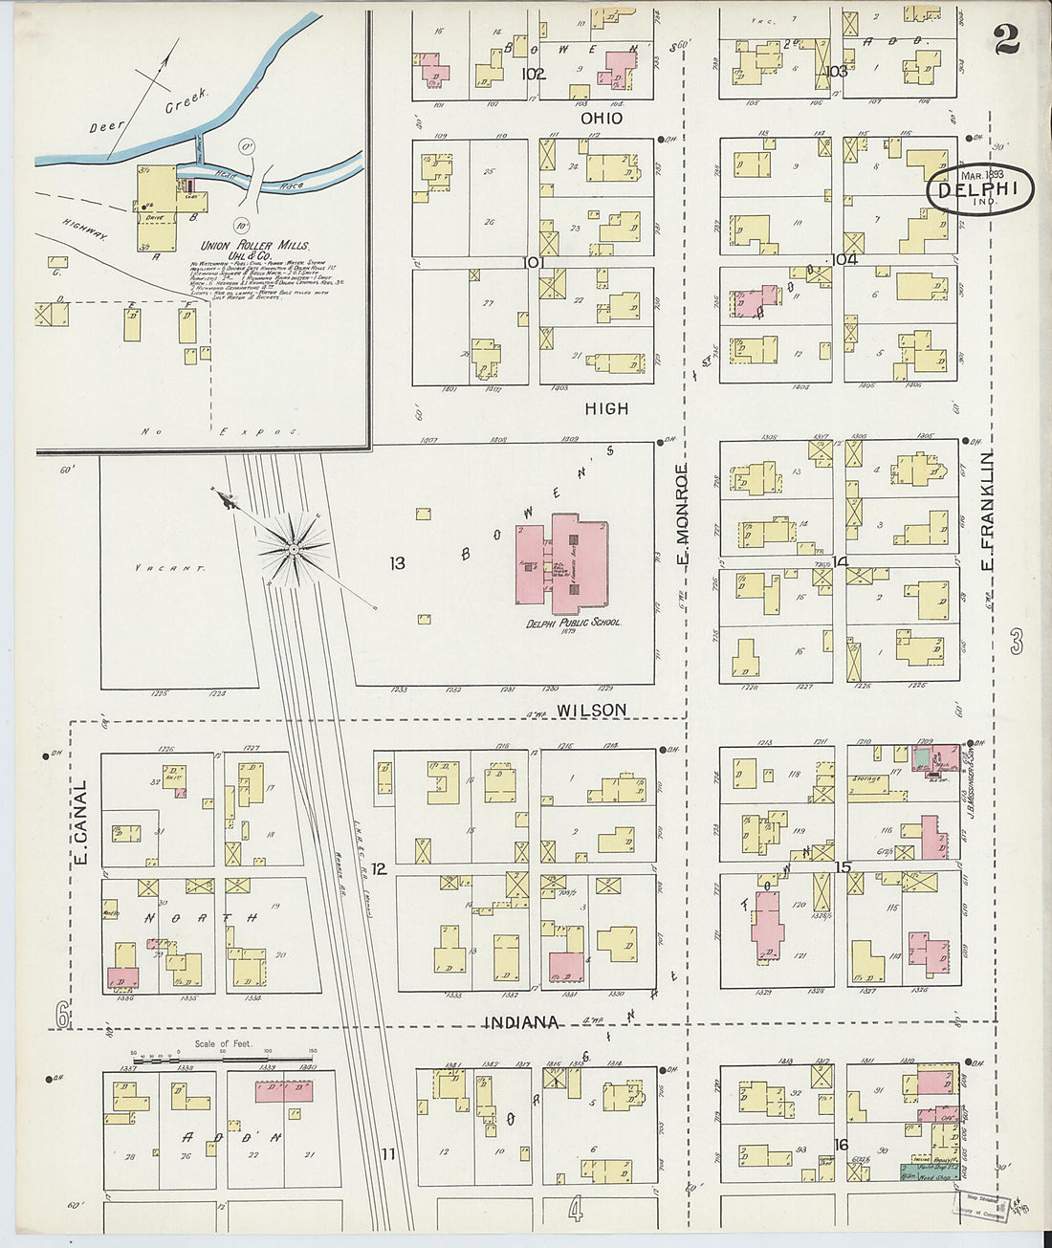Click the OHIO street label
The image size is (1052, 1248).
click(x=602, y=119)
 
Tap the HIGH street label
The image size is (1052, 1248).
click(x=607, y=408)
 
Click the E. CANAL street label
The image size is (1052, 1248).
click(x=81, y=823)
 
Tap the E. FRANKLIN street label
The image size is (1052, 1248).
click(x=988, y=512)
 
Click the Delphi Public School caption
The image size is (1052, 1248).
click(x=572, y=622)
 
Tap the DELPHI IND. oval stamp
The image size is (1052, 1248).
click(x=979, y=189)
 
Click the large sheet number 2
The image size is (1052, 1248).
click(x=1005, y=39)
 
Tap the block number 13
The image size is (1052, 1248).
click(x=397, y=563)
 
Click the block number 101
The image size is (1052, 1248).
click(x=533, y=262)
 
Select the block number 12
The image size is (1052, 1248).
click(x=379, y=868)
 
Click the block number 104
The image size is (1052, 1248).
click(x=844, y=259)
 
